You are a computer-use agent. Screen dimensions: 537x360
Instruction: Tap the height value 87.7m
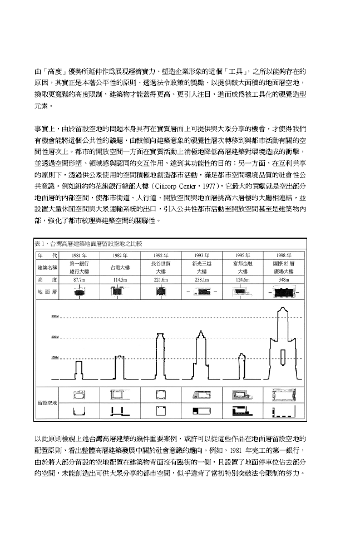(x=79, y=279)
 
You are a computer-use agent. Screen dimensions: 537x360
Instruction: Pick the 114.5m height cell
(x=120, y=279)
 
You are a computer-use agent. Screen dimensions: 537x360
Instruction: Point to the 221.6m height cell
(x=161, y=279)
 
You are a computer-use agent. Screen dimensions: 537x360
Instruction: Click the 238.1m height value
(x=201, y=279)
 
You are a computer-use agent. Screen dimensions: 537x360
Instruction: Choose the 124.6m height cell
(x=243, y=279)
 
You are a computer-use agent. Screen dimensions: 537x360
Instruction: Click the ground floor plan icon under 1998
(x=283, y=291)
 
